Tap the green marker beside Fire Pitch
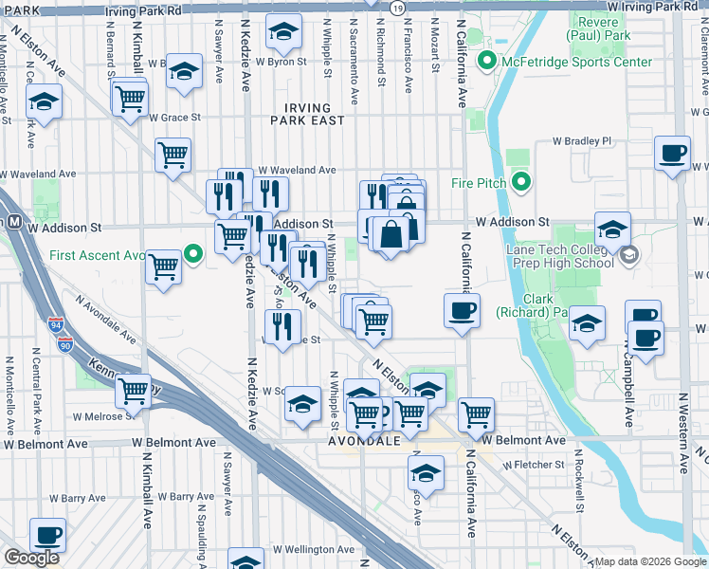520,181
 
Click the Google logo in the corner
31,558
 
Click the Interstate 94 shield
54,327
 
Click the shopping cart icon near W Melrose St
134,390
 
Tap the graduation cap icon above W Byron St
282,33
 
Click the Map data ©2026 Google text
650,561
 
